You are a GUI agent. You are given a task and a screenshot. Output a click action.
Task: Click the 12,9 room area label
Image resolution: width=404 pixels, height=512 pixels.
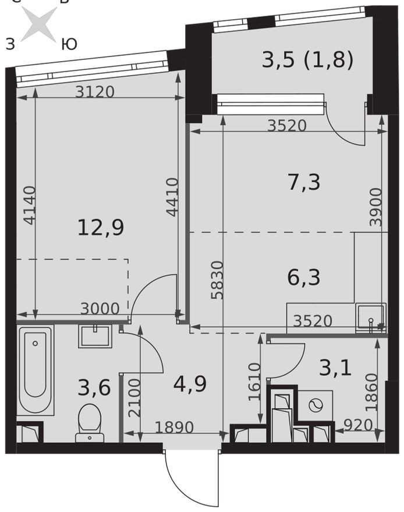(101, 227)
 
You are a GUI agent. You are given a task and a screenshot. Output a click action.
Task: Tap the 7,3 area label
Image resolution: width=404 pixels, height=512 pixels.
(304, 182)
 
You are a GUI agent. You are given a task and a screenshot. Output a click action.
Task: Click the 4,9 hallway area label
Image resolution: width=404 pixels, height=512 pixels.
(190, 384)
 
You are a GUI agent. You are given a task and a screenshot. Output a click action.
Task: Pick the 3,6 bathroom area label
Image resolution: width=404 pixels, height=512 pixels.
(94, 388)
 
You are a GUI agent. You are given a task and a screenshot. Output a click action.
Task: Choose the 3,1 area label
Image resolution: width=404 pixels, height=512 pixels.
(335, 368)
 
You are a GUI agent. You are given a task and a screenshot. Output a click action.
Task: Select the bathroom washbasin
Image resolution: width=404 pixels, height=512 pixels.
(95, 336)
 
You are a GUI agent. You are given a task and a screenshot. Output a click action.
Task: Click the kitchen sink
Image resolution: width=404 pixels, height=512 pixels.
(371, 318)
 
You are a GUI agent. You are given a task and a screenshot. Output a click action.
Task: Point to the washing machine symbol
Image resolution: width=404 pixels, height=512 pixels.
(316, 405)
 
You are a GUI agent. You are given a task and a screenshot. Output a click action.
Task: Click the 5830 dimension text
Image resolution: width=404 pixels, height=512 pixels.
(218, 280)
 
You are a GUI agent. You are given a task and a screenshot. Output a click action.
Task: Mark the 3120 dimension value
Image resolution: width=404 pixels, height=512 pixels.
(95, 92)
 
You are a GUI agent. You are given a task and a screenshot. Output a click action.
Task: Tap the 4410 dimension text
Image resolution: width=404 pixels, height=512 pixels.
(172, 197)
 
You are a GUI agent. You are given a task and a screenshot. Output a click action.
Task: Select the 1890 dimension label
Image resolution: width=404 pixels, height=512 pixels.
(175, 428)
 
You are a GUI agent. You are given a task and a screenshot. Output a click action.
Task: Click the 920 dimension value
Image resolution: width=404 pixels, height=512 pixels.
(358, 425)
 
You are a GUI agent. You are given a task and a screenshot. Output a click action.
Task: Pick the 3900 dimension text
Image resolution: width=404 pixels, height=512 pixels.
(376, 207)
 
